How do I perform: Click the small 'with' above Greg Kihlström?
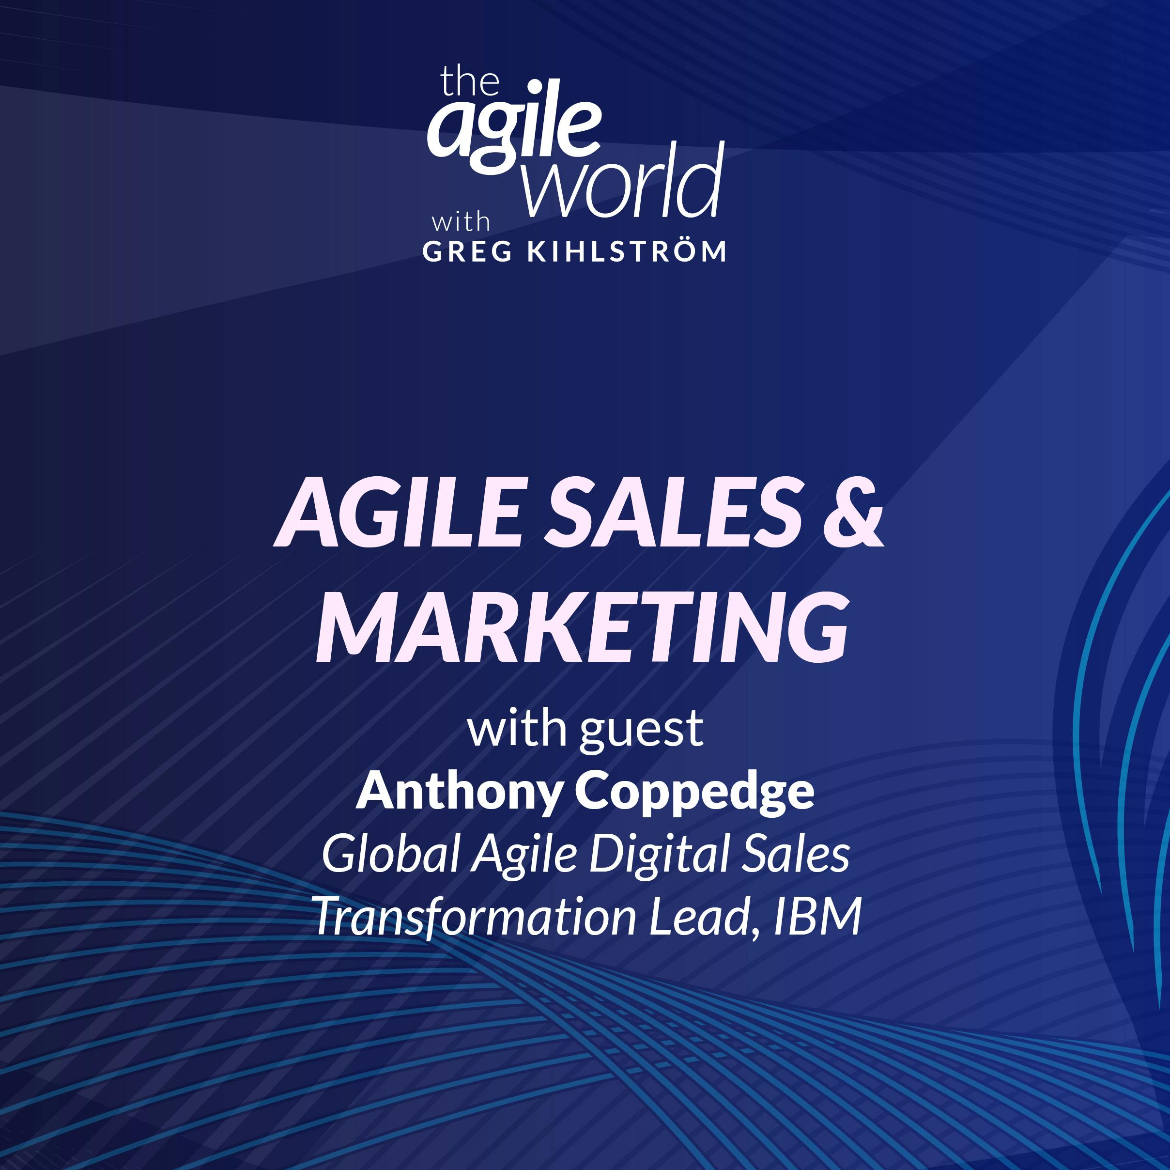pyautogui.click(x=460, y=222)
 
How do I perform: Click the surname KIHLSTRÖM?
pyautogui.click(x=627, y=251)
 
